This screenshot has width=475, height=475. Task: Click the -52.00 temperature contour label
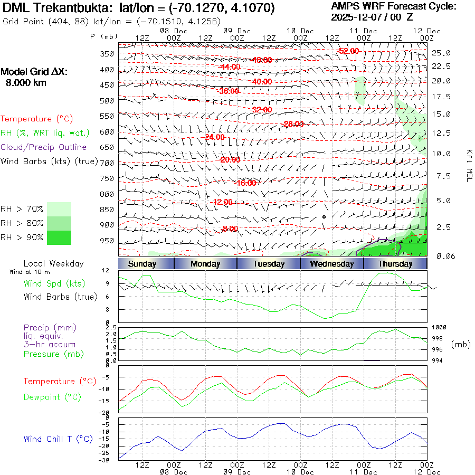(x=349, y=51)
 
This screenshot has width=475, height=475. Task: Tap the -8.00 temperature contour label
(x=230, y=229)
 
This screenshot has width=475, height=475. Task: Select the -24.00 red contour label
(x=213, y=137)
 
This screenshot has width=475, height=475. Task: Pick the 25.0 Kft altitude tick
(x=441, y=53)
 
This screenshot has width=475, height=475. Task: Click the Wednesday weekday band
(x=331, y=264)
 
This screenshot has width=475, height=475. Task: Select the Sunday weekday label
(x=142, y=264)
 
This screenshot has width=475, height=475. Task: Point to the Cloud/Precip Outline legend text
(x=43, y=147)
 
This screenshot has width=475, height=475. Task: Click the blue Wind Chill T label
(x=58, y=439)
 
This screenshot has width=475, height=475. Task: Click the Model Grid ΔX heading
(x=34, y=72)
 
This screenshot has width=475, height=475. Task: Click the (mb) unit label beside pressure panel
(x=460, y=344)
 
